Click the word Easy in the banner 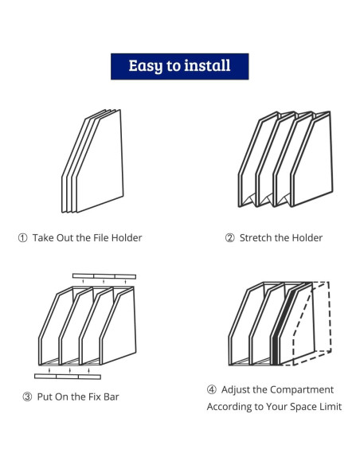pyautogui.click(x=146, y=66)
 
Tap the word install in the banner pyautogui.click(x=207, y=65)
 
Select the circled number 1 pyautogui.click(x=22, y=238)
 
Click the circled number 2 pyautogui.click(x=230, y=238)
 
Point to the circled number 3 pyautogui.click(x=27, y=397)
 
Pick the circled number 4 pyautogui.click(x=211, y=389)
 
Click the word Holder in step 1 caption pyautogui.click(x=127, y=238)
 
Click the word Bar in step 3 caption pyautogui.click(x=112, y=397)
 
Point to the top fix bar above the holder pyautogui.click(x=104, y=276)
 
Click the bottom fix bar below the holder pyautogui.click(x=68, y=377)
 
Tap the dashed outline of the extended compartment pyautogui.click(x=330, y=318)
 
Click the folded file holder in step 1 pyautogui.click(x=92, y=161)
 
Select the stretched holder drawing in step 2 pyautogui.click(x=286, y=159)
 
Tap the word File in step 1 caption pyautogui.click(x=101, y=238)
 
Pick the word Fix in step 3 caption pyautogui.click(x=94, y=397)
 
